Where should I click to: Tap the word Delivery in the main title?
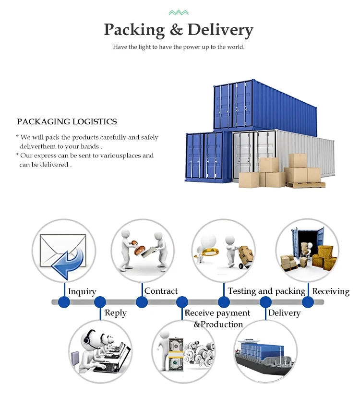[x=220, y=30]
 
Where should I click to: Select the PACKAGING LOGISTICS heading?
[x=67, y=122]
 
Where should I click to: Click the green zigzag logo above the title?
[x=179, y=12]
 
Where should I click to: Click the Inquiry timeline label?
[x=82, y=291]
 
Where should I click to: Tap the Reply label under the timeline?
[x=116, y=313]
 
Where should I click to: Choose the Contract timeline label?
[x=161, y=291]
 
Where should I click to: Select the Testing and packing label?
[x=266, y=291]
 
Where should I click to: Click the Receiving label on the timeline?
[x=331, y=291]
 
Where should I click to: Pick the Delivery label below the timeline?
[x=284, y=313]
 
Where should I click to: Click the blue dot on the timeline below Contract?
[x=142, y=302]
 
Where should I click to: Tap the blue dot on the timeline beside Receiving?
[x=308, y=302]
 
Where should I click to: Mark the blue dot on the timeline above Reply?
[x=100, y=302]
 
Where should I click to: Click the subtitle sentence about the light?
[x=179, y=47]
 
